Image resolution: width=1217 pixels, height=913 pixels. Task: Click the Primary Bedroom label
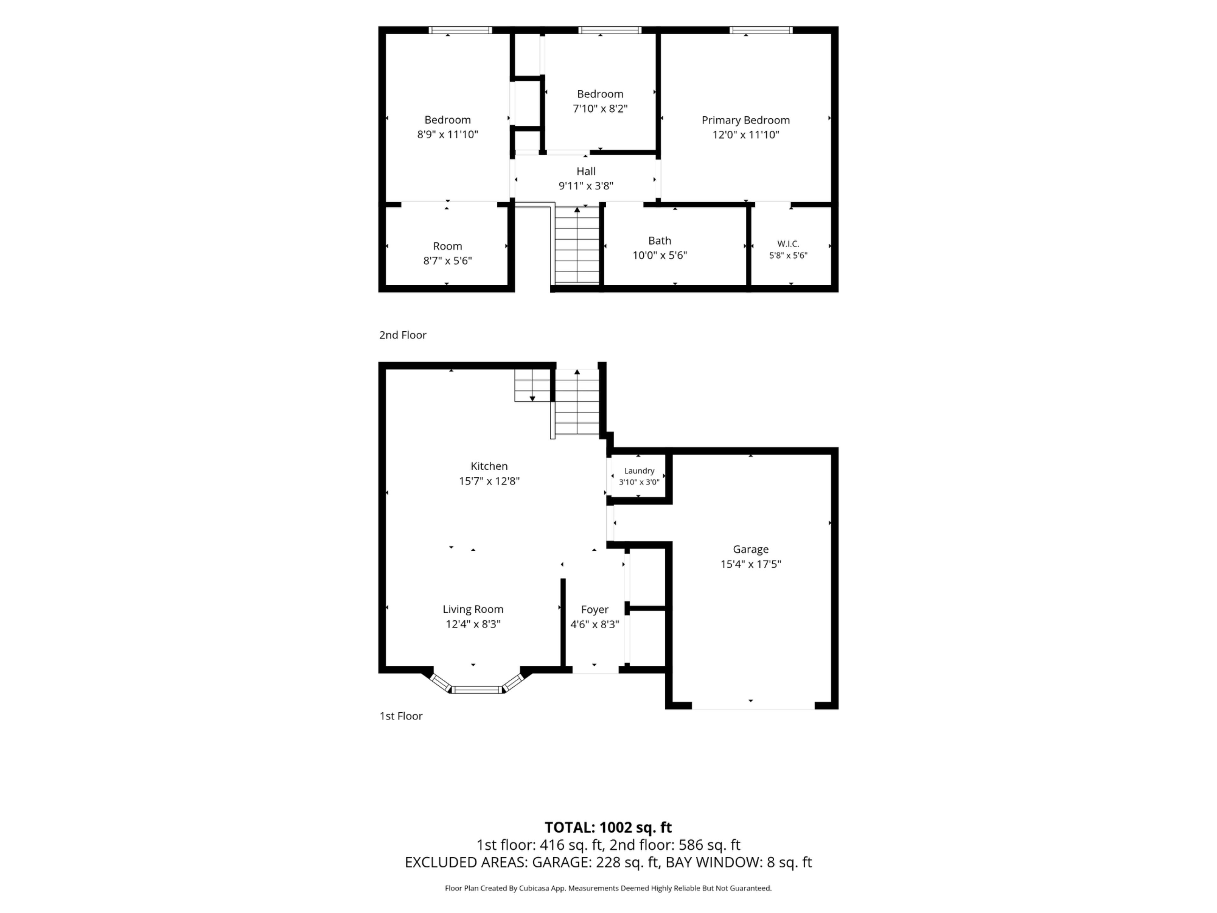pyautogui.click(x=745, y=120)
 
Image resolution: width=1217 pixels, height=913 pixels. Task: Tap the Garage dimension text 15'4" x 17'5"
pyautogui.click(x=750, y=564)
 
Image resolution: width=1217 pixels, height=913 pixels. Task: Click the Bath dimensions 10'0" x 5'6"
pyautogui.click(x=660, y=255)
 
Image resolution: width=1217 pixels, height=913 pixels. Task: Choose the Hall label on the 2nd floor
pyautogui.click(x=586, y=171)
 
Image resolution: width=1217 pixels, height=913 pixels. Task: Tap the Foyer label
pyautogui.click(x=595, y=609)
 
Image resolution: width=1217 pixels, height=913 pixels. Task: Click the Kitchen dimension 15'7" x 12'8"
pyautogui.click(x=489, y=481)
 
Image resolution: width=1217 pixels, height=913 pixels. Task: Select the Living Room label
pyautogui.click(x=473, y=609)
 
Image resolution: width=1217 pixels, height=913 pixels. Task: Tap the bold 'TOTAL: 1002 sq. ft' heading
pyautogui.click(x=608, y=827)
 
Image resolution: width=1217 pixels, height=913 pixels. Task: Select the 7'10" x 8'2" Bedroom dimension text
pyautogui.click(x=600, y=108)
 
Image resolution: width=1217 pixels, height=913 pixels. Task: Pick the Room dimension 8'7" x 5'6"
pyautogui.click(x=447, y=261)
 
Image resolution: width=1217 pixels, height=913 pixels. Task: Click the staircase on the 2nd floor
pyautogui.click(x=576, y=245)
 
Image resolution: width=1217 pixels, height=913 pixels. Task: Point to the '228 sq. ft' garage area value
pyautogui.click(x=627, y=862)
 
